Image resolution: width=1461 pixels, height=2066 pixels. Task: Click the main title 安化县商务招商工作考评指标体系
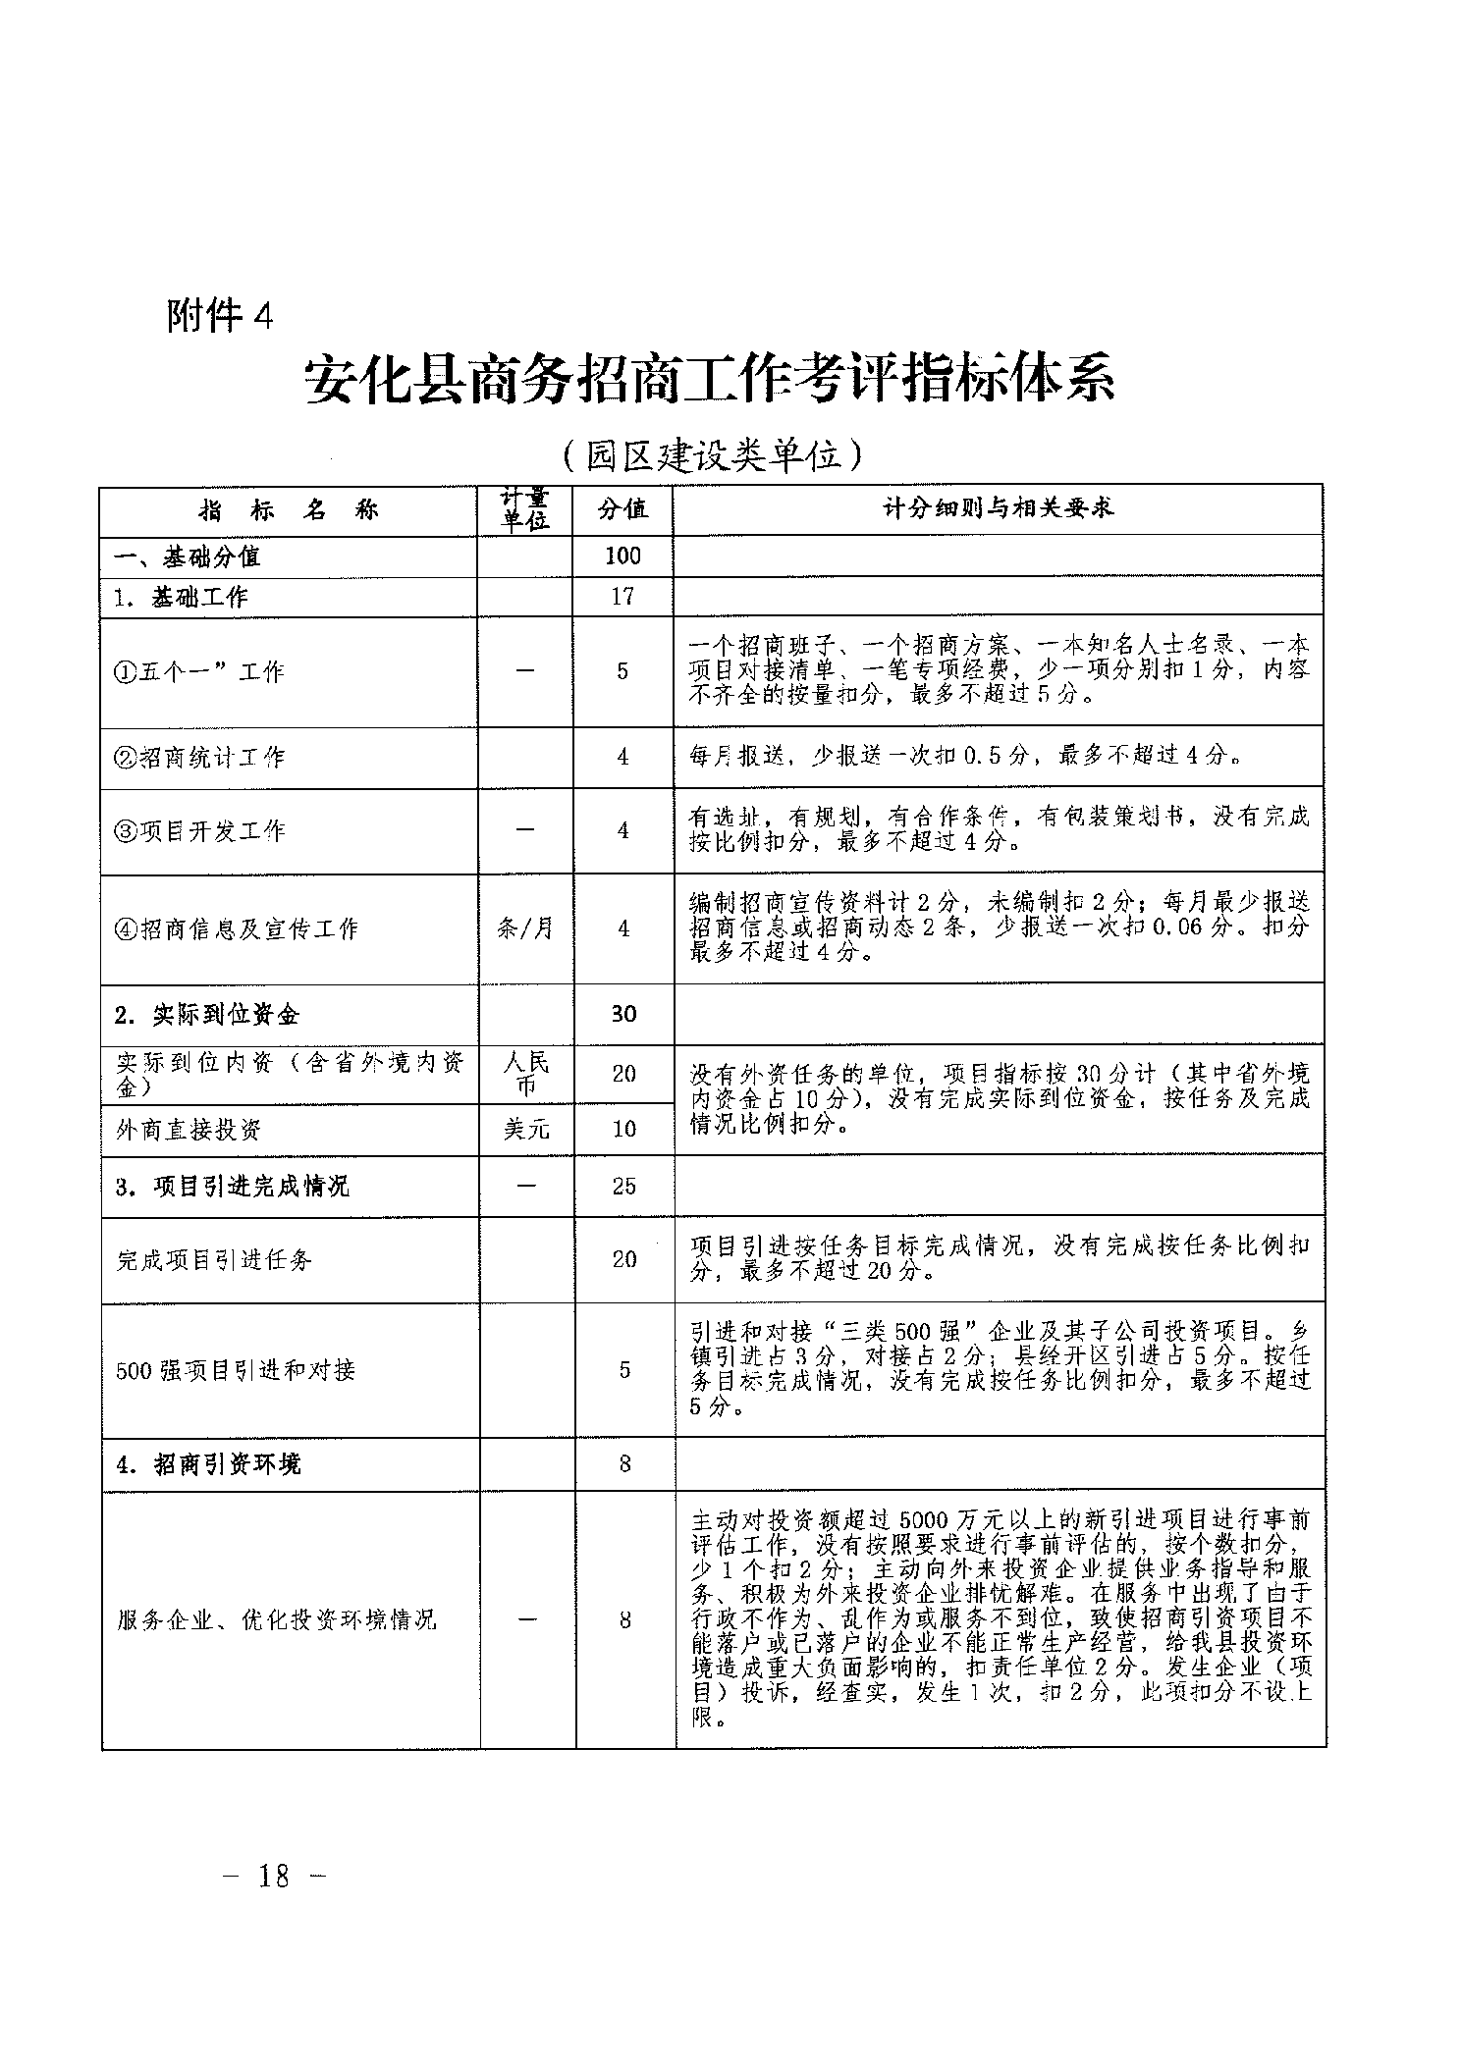click(x=710, y=378)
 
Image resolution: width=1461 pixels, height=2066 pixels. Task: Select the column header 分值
click(x=623, y=509)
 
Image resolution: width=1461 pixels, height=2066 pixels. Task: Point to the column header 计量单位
click(x=524, y=509)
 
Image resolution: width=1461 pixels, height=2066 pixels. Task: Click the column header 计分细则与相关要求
click(x=998, y=509)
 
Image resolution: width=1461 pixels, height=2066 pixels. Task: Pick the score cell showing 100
click(x=622, y=556)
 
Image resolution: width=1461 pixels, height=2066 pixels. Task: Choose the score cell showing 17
click(x=622, y=596)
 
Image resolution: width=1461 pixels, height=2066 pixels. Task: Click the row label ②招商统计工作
click(x=200, y=757)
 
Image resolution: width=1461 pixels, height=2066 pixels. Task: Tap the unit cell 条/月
click(x=525, y=928)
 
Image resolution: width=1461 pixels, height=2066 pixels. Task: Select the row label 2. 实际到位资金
click(x=206, y=1015)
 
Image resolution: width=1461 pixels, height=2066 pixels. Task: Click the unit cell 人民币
click(x=525, y=1074)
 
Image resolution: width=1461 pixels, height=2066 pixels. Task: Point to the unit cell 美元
click(x=526, y=1130)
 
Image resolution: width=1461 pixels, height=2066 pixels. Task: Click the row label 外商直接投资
click(x=189, y=1130)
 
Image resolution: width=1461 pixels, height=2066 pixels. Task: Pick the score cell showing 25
click(x=624, y=1186)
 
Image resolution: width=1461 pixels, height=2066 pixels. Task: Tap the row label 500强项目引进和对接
click(x=236, y=1370)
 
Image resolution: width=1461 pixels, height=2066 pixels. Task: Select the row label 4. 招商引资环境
click(x=208, y=1464)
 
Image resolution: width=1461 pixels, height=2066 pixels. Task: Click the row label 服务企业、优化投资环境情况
click(x=276, y=1619)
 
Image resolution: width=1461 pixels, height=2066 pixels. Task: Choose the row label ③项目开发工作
click(x=200, y=831)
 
